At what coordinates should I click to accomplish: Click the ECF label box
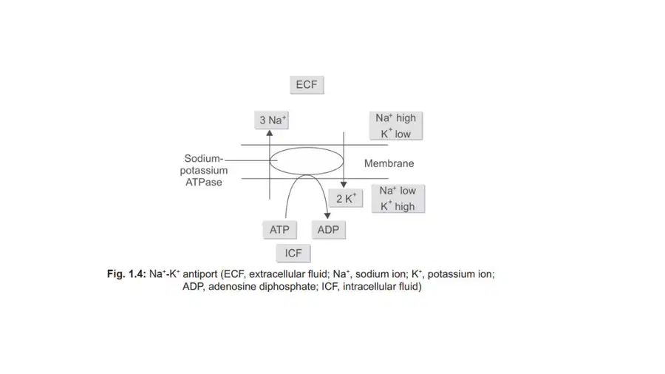point(307,85)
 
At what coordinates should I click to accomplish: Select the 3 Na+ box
point(271,120)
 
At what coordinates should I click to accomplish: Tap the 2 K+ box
point(346,198)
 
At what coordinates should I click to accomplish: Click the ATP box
point(279,230)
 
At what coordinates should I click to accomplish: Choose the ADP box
point(328,230)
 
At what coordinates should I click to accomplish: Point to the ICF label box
point(293,253)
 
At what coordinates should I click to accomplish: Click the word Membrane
point(389,163)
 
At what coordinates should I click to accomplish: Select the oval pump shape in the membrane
point(307,148)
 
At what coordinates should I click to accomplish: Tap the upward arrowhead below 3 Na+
point(269,133)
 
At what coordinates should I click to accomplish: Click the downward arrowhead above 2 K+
point(344,185)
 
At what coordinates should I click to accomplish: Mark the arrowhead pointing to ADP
point(327,216)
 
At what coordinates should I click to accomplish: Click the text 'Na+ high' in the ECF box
point(396,118)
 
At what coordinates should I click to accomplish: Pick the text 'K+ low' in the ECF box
point(396,134)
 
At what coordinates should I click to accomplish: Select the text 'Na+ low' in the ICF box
point(398,191)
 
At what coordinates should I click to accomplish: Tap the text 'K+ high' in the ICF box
point(398,206)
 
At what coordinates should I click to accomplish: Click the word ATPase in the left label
point(204,183)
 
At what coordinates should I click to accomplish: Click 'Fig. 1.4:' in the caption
point(126,274)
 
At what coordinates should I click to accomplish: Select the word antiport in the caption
point(199,274)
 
